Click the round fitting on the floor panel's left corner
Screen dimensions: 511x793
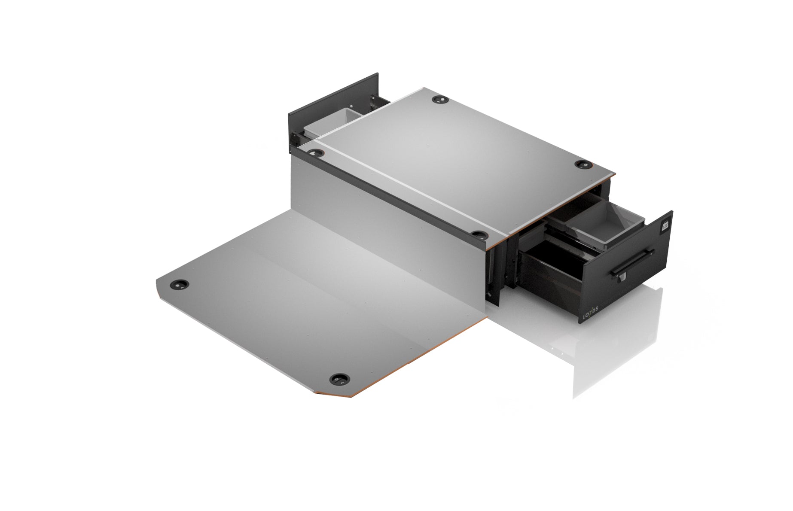tap(179, 284)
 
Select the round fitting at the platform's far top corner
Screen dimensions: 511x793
tap(440, 99)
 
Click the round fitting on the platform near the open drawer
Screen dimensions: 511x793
tap(583, 165)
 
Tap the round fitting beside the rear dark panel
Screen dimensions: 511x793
tap(316, 152)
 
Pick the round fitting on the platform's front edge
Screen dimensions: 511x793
tap(478, 234)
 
